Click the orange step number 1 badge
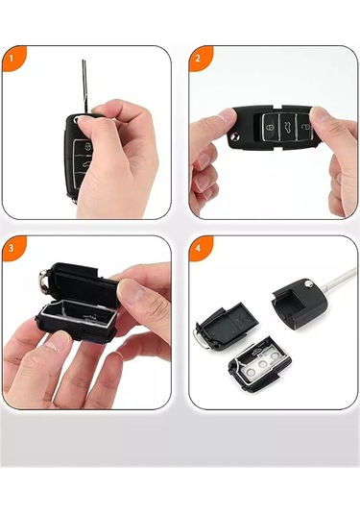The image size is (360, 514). (12, 57)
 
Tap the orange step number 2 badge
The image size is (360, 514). (198, 57)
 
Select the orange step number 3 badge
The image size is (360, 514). (12, 247)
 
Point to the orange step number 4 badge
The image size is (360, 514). (198, 247)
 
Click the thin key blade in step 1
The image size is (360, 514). (86, 83)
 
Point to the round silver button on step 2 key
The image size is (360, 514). (234, 141)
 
